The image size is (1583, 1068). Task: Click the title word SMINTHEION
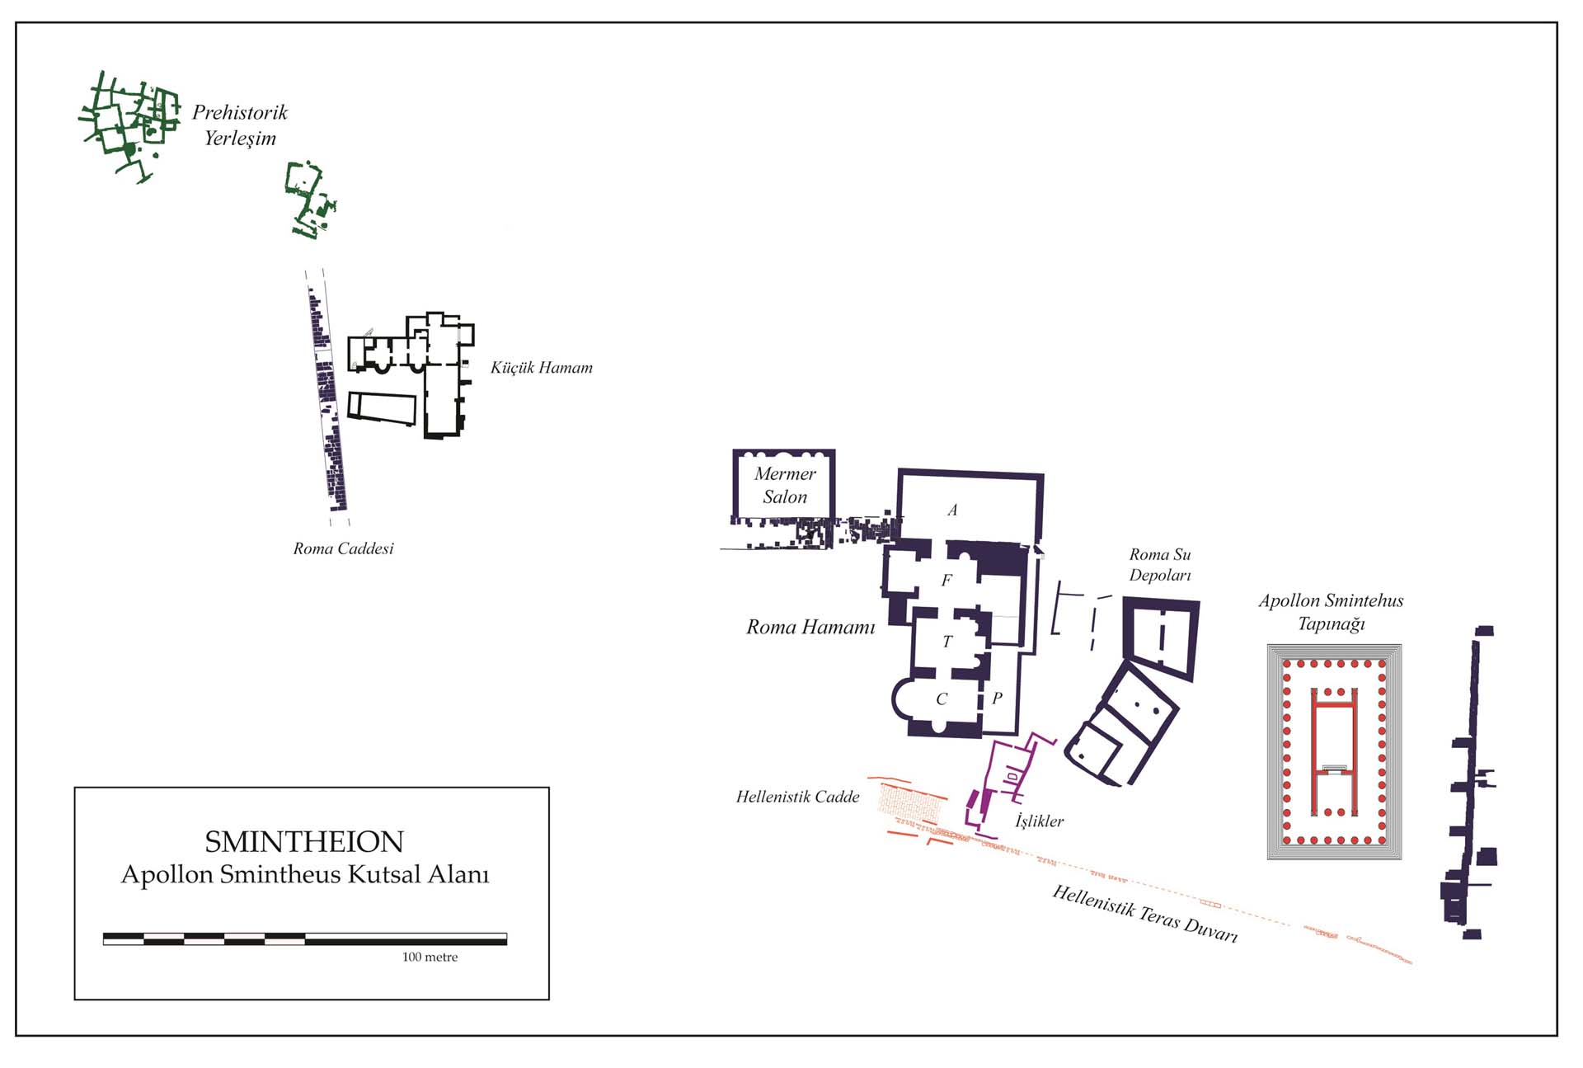pyautogui.click(x=304, y=842)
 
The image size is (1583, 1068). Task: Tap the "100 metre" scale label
pyautogui.click(x=430, y=957)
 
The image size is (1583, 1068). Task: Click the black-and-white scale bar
pyautogui.click(x=305, y=939)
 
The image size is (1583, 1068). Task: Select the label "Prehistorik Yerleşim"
pyautogui.click(x=240, y=125)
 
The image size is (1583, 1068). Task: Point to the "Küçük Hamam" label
pyautogui.click(x=542, y=368)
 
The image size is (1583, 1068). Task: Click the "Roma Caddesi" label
pyautogui.click(x=344, y=548)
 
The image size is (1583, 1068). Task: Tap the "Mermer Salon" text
pyautogui.click(x=785, y=485)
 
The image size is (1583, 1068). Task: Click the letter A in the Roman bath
pyautogui.click(x=952, y=510)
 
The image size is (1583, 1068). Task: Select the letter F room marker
pyautogui.click(x=947, y=580)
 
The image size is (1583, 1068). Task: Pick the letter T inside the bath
pyautogui.click(x=947, y=641)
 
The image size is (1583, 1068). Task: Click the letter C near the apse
pyautogui.click(x=942, y=699)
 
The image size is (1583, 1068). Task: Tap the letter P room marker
pyautogui.click(x=997, y=698)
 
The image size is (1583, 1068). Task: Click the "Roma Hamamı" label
pyautogui.click(x=810, y=627)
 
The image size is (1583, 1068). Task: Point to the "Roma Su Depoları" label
pyautogui.click(x=1160, y=565)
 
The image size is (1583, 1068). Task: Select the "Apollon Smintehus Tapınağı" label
pyautogui.click(x=1331, y=612)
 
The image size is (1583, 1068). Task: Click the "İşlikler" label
pyautogui.click(x=1039, y=821)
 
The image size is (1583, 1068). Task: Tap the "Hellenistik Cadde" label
pyautogui.click(x=797, y=797)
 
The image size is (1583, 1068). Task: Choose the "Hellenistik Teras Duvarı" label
pyautogui.click(x=1145, y=914)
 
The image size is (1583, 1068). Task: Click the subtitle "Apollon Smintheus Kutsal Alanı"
pyautogui.click(x=305, y=874)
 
